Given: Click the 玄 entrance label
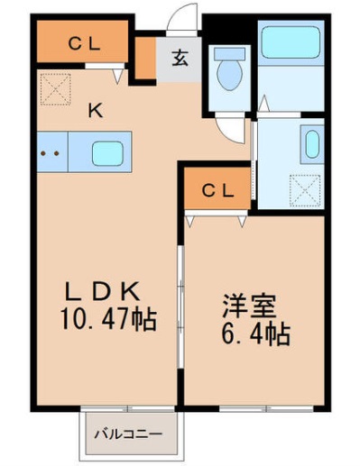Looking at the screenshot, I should pyautogui.click(x=180, y=59).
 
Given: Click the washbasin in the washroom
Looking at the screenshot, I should pyautogui.click(x=311, y=144).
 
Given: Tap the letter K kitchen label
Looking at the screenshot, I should pyautogui.click(x=94, y=112).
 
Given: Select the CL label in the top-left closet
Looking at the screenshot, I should pyautogui.click(x=82, y=41).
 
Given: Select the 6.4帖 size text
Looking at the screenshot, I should pyautogui.click(x=254, y=335).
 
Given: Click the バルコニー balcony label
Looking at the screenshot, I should pyautogui.click(x=130, y=434).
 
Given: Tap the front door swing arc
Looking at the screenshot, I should pyautogui.click(x=186, y=20).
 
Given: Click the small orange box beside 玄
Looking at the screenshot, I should pyautogui.click(x=144, y=57).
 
